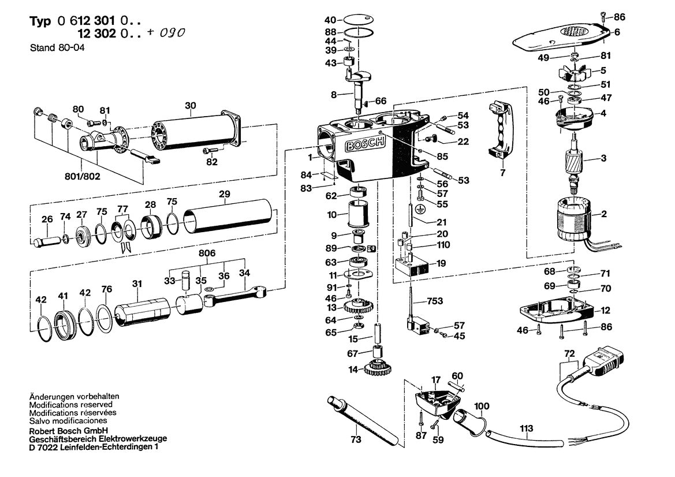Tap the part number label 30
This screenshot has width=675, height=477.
(x=191, y=106)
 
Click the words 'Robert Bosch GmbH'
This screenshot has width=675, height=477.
(x=65, y=431)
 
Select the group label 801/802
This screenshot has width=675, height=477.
(x=83, y=177)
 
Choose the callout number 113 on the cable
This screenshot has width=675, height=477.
(x=527, y=428)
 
